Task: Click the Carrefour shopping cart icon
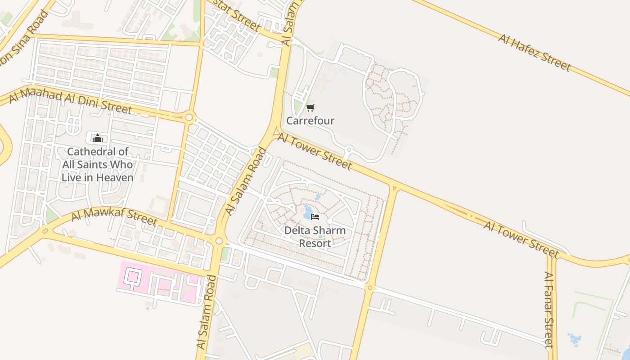click(x=310, y=108)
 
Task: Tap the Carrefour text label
click(x=310, y=121)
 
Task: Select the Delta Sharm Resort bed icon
click(x=315, y=217)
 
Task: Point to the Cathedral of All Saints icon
click(x=98, y=138)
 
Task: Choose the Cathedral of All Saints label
click(x=98, y=165)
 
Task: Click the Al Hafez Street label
click(x=534, y=52)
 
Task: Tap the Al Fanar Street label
click(x=548, y=310)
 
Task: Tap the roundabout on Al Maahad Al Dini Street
click(x=189, y=118)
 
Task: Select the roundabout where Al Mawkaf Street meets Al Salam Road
click(x=219, y=241)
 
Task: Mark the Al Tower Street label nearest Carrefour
click(x=314, y=151)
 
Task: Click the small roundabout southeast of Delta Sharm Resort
click(x=370, y=288)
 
